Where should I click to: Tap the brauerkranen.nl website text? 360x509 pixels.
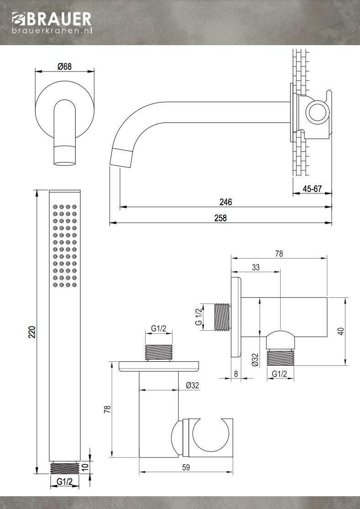(x=52, y=31)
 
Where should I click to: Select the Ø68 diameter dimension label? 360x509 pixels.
(x=65, y=67)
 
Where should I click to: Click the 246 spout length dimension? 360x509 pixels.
(x=225, y=202)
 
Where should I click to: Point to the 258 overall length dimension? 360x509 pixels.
(x=220, y=218)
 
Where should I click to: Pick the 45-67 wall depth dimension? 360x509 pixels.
(x=312, y=188)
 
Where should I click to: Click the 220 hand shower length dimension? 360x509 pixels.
(x=31, y=332)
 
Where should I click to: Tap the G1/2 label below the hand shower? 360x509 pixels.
(x=64, y=482)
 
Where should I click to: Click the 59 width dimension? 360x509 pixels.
(x=186, y=467)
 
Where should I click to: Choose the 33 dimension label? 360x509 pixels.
(x=256, y=268)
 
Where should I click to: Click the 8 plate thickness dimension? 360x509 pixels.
(x=235, y=374)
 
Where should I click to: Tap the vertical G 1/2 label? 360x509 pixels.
(x=198, y=317)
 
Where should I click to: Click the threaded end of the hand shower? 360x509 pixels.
(x=64, y=467)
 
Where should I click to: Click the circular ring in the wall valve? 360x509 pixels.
(x=316, y=112)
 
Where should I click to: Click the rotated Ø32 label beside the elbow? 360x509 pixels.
(x=255, y=360)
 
